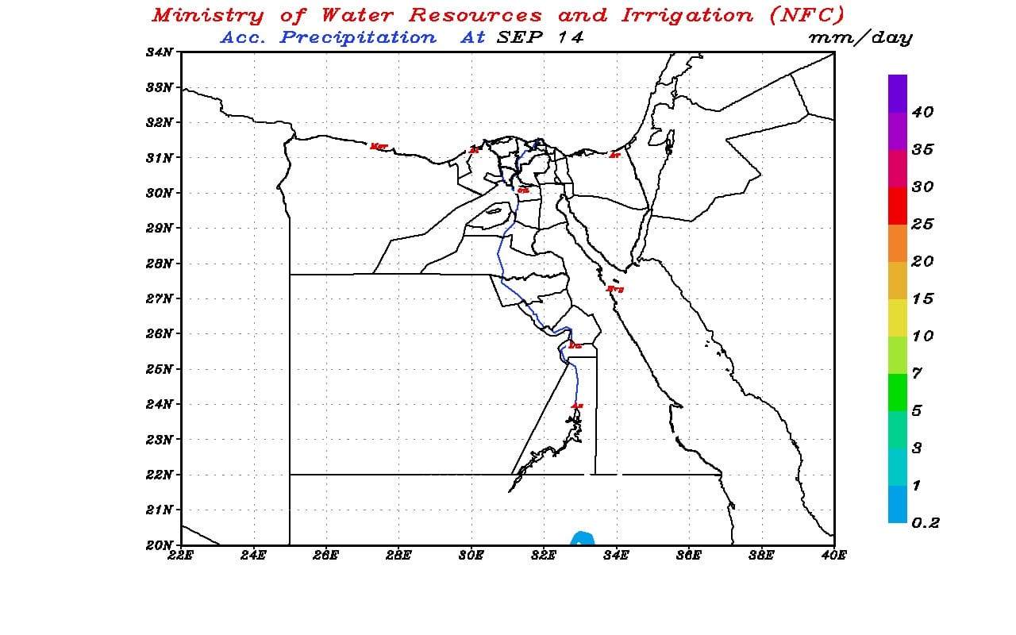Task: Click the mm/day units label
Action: pos(860,37)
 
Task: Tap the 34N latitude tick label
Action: pos(160,52)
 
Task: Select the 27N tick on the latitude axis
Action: pos(160,298)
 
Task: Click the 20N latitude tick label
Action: pos(160,545)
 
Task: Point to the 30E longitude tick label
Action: pos(471,556)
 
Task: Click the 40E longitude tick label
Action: pos(833,556)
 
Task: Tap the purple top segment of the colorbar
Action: pos(898,93)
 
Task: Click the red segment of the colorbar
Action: pos(898,206)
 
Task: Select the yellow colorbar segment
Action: pos(898,317)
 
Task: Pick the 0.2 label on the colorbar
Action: pos(926,523)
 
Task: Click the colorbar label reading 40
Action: pos(922,113)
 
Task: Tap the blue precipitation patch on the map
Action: pos(583,538)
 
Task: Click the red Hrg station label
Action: pos(614,289)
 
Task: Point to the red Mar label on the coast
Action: pos(379,146)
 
